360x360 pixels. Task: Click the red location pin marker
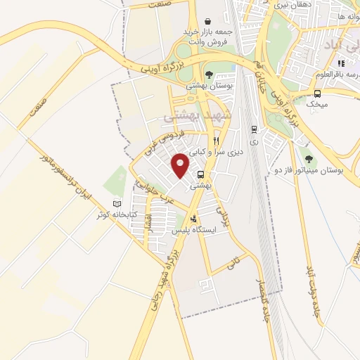[181, 164]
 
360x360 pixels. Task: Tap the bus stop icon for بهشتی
[201, 175]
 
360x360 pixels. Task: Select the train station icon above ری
[254, 129]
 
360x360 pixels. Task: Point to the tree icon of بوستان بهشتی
[207, 75]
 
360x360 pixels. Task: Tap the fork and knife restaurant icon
[216, 141]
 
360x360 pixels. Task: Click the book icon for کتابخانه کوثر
[117, 203]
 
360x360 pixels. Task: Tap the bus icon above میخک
[318, 94]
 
